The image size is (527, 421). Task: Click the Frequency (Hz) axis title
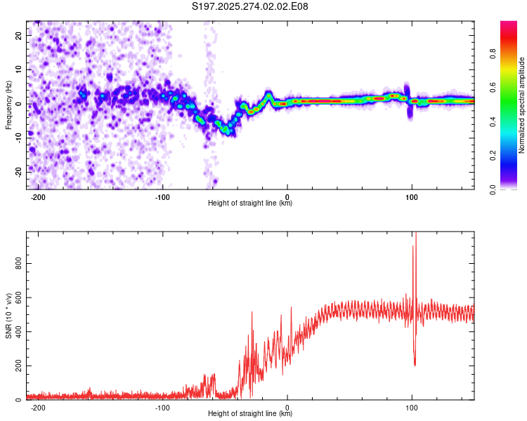coord(8,105)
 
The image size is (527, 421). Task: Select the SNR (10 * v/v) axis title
coord(8,316)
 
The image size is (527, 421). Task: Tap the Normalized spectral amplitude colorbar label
coord(521,105)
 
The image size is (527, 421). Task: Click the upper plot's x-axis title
coord(250,203)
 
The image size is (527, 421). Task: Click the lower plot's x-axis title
coord(250,414)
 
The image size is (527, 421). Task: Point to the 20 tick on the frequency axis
coord(18,35)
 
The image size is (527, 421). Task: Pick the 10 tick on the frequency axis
coord(18,69)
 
